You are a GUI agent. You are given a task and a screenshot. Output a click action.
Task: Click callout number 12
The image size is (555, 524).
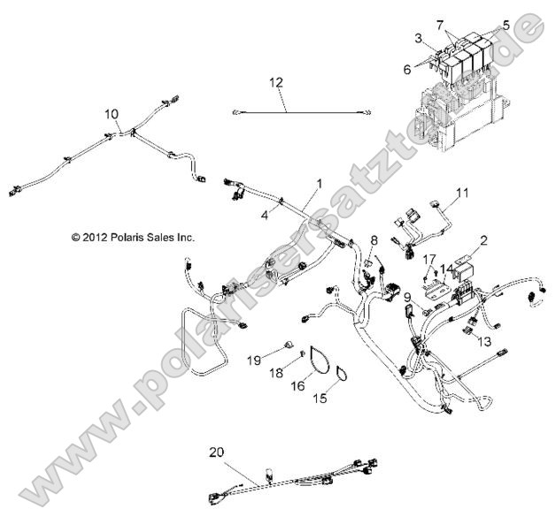tap(277, 82)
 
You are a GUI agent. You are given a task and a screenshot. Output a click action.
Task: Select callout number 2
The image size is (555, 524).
tap(484, 239)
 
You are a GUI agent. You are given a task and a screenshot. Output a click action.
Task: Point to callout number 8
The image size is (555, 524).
tap(374, 239)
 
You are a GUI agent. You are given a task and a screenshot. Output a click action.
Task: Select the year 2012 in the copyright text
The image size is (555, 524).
tap(73, 237)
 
